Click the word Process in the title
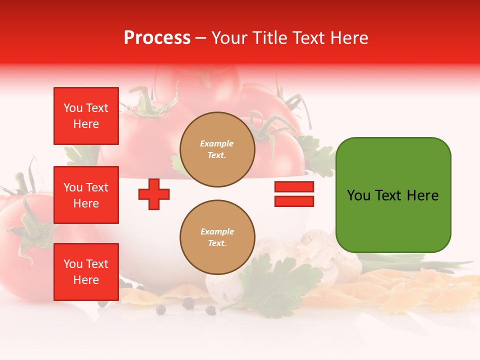tap(157, 38)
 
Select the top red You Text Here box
tap(86, 116)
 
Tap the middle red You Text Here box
tap(86, 195)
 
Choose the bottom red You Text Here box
tap(86, 272)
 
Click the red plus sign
tap(154, 194)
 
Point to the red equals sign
tap(294, 194)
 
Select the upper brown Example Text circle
tap(217, 149)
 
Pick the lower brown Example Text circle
tap(217, 237)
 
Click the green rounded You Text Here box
tap(393, 195)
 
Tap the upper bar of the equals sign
tap(294, 187)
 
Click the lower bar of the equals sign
tap(294, 201)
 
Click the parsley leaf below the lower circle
tap(280, 285)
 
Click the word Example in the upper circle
tap(217, 143)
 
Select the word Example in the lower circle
tap(217, 231)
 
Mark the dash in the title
tap(201, 38)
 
